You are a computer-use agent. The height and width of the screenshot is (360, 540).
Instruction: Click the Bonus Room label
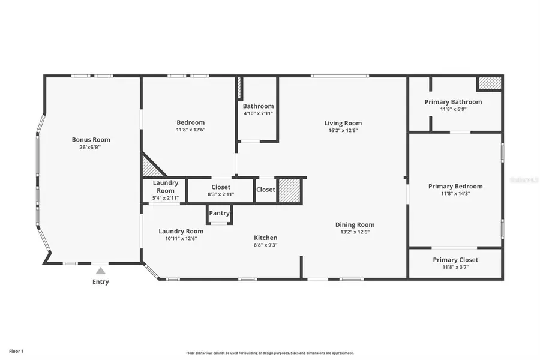tap(91, 139)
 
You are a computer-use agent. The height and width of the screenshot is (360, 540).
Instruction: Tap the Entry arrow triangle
tap(101, 271)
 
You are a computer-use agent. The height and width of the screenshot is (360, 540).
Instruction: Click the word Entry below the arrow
tap(101, 282)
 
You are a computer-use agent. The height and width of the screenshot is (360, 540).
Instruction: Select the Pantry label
tap(219, 213)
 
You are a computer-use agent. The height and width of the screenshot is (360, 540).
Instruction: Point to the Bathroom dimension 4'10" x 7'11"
tap(258, 113)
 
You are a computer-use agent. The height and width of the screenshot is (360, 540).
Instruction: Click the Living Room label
tap(343, 123)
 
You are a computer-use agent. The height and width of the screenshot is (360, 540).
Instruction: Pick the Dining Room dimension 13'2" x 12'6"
tap(355, 232)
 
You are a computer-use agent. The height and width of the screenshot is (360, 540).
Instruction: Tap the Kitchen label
tap(265, 238)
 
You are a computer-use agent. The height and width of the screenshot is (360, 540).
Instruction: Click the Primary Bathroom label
tap(453, 102)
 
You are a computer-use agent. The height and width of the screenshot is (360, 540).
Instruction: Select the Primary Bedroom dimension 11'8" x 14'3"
tap(455, 194)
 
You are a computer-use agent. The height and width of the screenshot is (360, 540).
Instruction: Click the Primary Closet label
tap(455, 260)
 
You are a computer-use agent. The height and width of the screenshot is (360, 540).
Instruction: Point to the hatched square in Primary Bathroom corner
tap(489, 83)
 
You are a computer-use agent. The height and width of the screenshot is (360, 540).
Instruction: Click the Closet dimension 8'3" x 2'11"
tap(221, 194)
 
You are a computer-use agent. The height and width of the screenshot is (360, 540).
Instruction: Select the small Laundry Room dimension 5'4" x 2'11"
tap(165, 197)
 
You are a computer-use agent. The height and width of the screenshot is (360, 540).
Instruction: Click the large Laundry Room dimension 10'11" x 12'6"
tap(181, 238)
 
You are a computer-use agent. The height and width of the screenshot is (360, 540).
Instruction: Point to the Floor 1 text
tap(16, 350)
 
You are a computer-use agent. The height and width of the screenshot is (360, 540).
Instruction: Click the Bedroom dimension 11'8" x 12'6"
tap(190, 130)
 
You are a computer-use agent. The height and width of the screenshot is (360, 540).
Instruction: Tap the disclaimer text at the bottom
tap(270, 353)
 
